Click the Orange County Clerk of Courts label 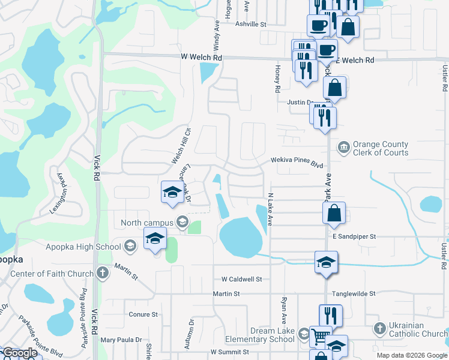[380, 148]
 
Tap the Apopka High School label [83, 246]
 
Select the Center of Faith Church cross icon [103, 274]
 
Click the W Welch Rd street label [202, 58]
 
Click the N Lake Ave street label [270, 209]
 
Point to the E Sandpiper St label [354, 237]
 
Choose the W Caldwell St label [242, 279]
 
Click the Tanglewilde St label [354, 294]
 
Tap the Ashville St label [250, 24]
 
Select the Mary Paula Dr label [121, 340]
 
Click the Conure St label [143, 314]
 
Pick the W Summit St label [230, 352]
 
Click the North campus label [146, 223]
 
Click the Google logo [20, 353]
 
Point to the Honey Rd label [278, 79]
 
